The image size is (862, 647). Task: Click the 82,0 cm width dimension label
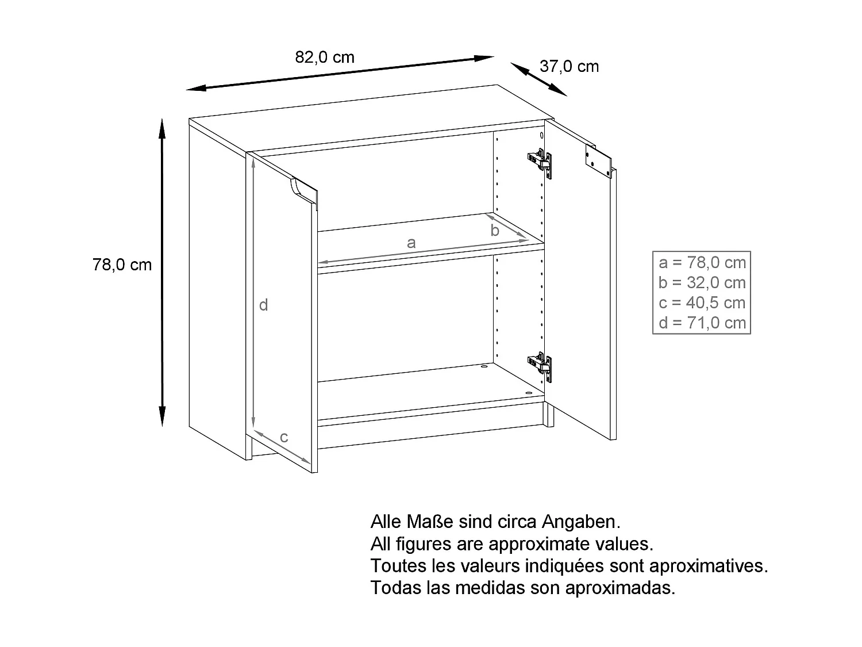325,58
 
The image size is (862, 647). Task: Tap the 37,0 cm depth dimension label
569,67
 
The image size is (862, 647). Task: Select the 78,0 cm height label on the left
122,265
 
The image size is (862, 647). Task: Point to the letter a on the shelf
411,243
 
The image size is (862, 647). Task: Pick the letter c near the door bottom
284,438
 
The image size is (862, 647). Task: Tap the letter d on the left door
263,305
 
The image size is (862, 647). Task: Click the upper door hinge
540,162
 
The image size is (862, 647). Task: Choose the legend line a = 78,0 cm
702,263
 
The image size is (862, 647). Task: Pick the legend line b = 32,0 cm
702,283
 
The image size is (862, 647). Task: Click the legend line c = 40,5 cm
702,303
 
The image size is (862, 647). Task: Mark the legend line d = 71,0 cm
702,323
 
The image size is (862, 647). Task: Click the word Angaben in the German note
581,522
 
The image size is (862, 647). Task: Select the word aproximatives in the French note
708,566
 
